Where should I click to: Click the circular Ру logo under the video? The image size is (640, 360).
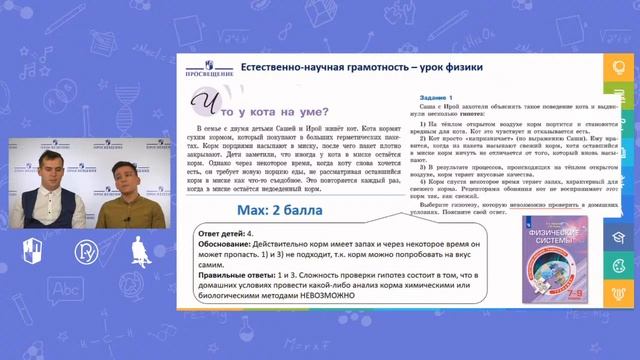point(85,250)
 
